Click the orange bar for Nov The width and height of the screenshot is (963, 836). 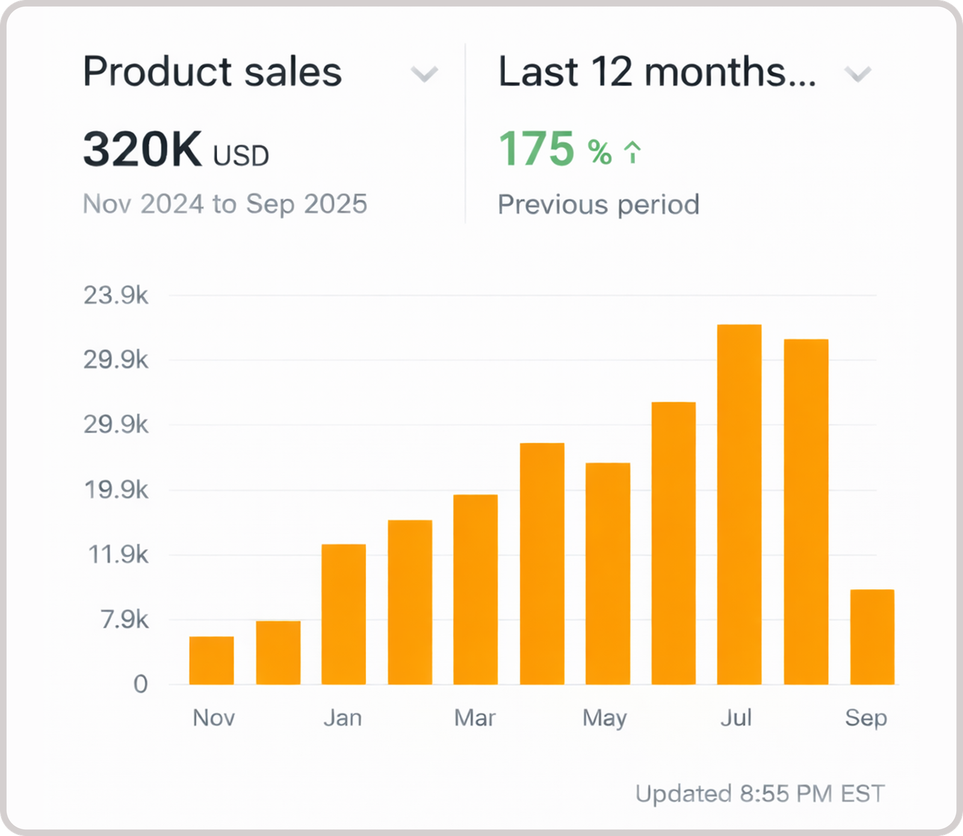[211, 660]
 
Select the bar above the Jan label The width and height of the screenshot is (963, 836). [344, 614]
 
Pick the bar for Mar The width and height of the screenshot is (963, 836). [475, 589]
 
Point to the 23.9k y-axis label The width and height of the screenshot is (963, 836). [116, 296]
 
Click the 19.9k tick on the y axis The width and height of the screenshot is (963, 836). [116, 490]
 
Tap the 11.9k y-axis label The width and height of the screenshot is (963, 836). [118, 554]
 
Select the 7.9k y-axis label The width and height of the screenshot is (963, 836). [125, 619]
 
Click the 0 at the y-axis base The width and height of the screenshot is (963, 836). [140, 684]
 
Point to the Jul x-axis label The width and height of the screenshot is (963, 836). [736, 718]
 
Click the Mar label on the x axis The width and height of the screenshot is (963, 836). [475, 718]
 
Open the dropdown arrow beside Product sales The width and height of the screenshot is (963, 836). [424, 74]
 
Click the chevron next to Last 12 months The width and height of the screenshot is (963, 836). [858, 74]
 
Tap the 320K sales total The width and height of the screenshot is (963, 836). [143, 149]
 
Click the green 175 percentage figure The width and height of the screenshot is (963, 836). [536, 149]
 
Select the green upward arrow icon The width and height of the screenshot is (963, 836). [632, 152]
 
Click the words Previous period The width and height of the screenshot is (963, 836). [598, 205]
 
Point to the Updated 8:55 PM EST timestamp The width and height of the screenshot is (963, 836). [760, 794]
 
